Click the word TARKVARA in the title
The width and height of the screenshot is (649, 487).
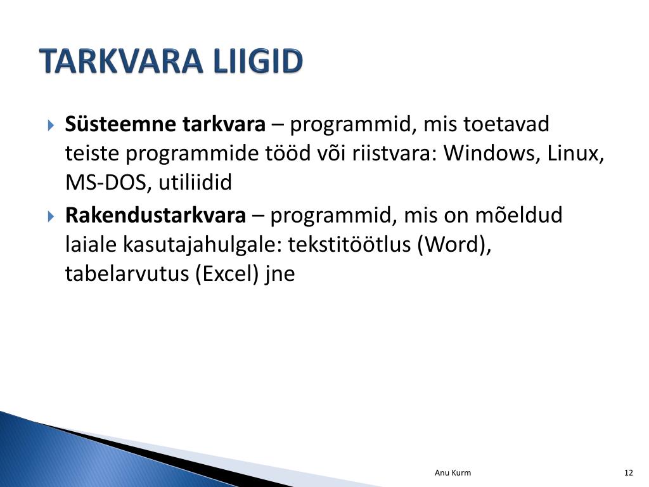122,61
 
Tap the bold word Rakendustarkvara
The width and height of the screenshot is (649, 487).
156,215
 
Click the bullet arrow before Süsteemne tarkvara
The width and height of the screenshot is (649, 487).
51,125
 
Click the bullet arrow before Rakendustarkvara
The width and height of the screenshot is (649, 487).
51,216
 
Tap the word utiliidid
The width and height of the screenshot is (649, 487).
195,183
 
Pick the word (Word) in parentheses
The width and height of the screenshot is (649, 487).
454,244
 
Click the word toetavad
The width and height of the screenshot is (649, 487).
506,124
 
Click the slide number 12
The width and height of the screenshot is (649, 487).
628,473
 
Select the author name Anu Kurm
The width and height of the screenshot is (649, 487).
453,473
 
